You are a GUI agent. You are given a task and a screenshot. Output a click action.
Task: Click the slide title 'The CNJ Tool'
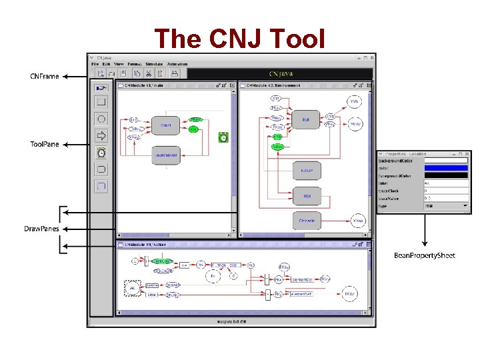(x=239, y=38)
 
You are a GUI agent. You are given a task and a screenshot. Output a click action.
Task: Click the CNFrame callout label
(x=44, y=77)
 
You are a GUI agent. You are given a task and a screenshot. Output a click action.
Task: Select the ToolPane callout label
(x=45, y=144)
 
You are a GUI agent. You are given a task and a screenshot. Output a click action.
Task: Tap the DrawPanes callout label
(x=41, y=229)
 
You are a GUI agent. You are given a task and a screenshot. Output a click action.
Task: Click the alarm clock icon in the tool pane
(x=101, y=153)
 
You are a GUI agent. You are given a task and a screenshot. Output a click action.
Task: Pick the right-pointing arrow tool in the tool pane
(x=101, y=136)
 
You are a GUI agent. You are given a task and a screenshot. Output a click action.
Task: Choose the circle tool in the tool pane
(x=101, y=119)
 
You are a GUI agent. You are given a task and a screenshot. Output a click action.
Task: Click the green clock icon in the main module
(x=224, y=137)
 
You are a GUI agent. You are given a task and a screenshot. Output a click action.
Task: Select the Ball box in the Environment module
(x=305, y=121)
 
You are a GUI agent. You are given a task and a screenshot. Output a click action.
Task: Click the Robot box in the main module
(x=165, y=124)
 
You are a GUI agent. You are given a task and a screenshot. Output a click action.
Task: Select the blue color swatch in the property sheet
(x=446, y=169)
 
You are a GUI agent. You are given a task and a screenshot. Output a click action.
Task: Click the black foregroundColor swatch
(x=446, y=176)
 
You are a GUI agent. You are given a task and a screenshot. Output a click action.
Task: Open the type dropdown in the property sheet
(x=446, y=206)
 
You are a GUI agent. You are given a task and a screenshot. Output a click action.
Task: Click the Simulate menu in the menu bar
(x=154, y=64)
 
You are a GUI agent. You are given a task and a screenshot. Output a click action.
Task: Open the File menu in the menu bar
(x=95, y=64)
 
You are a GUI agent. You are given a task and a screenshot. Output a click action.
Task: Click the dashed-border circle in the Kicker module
(x=133, y=288)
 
